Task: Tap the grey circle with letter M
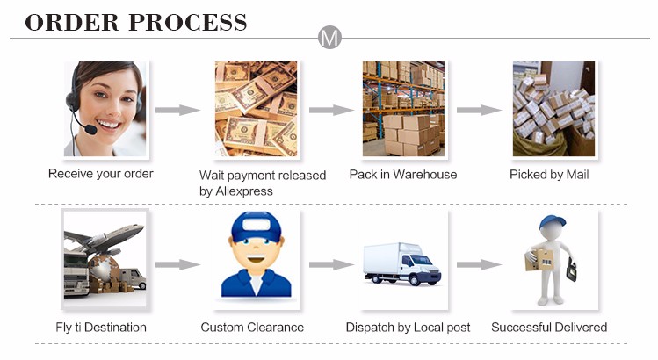coord(329,38)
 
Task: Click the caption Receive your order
coord(100,174)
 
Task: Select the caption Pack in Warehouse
coord(402,175)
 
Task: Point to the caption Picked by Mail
coord(549,175)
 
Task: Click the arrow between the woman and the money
coord(178,110)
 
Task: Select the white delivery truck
coord(402,263)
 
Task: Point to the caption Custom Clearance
coord(252,328)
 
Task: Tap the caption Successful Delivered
coord(549,328)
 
